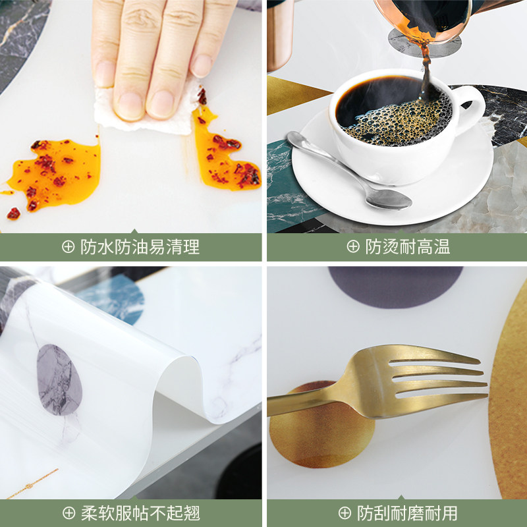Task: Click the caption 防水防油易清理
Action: click(x=140, y=247)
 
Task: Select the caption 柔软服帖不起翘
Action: click(x=140, y=513)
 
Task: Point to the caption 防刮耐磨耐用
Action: click(x=407, y=513)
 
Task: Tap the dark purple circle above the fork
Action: click(x=395, y=287)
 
